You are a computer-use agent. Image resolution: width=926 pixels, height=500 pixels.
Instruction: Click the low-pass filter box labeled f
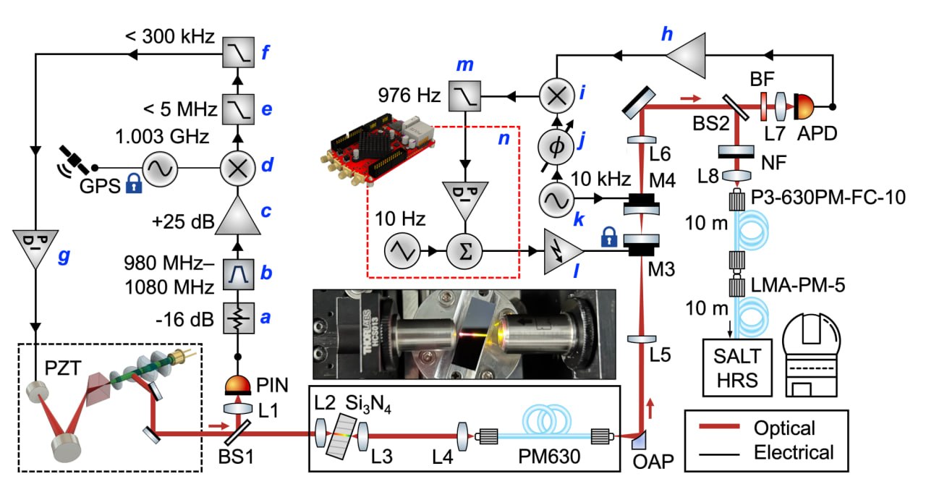click(x=238, y=52)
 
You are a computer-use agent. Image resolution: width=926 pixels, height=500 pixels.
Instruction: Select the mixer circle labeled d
click(x=238, y=169)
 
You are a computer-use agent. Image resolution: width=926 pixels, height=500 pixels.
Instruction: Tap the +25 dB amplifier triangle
click(x=238, y=215)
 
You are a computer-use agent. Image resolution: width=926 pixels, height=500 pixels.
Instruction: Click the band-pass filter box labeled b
click(x=239, y=274)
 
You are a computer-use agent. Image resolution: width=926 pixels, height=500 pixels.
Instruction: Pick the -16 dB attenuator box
click(x=239, y=318)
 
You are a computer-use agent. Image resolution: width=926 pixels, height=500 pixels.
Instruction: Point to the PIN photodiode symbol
click(x=238, y=385)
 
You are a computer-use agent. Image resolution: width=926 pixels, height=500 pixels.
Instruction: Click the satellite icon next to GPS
click(x=74, y=160)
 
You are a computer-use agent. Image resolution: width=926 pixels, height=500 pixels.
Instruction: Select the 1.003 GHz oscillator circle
click(x=160, y=169)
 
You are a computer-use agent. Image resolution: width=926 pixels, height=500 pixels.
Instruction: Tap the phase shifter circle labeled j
click(x=557, y=146)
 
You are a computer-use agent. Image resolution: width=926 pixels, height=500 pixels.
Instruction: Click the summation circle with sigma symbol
click(x=465, y=252)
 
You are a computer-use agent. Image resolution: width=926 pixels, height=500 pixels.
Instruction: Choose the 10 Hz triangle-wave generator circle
click(x=402, y=251)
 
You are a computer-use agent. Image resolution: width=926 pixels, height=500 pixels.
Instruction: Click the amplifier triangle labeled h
click(x=686, y=56)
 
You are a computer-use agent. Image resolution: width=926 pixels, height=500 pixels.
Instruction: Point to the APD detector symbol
click(x=804, y=106)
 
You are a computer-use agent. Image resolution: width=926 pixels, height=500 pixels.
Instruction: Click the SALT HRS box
click(x=737, y=368)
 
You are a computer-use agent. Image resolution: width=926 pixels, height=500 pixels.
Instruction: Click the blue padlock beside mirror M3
click(x=609, y=237)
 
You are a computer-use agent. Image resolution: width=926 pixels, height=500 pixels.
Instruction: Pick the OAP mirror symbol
click(x=638, y=440)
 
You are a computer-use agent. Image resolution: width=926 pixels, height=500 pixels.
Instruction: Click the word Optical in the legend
click(x=784, y=428)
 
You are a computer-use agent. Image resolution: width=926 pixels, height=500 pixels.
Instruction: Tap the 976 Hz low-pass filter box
click(x=464, y=96)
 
